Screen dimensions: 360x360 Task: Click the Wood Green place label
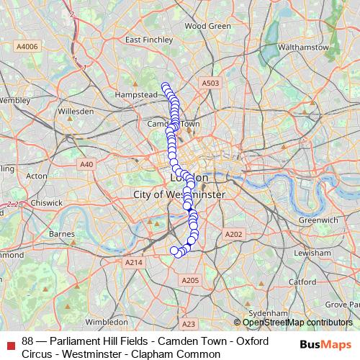point(207,26)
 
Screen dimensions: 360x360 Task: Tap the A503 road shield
point(210,84)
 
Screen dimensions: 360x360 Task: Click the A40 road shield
point(87,164)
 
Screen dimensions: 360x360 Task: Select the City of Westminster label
point(179,195)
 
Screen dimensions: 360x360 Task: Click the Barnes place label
point(63,234)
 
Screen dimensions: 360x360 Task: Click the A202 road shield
point(234,235)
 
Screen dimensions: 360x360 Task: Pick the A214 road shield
point(134,264)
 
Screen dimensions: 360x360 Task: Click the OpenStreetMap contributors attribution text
point(297,323)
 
